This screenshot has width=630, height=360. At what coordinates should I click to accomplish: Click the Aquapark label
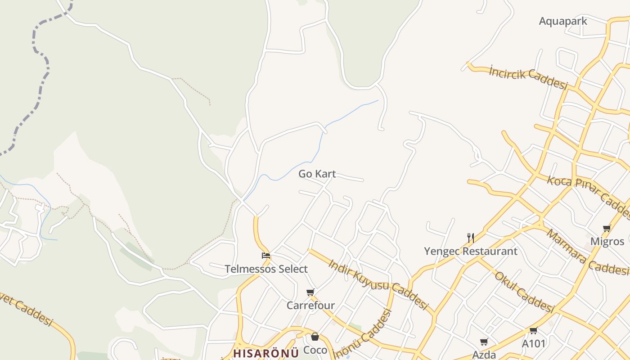click(x=563, y=21)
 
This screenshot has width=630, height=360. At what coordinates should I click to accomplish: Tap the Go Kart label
click(x=317, y=174)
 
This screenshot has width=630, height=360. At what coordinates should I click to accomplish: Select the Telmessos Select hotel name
click(x=266, y=269)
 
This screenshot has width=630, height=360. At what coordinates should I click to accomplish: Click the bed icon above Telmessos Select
click(x=266, y=256)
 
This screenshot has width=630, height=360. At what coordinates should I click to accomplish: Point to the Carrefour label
click(x=310, y=306)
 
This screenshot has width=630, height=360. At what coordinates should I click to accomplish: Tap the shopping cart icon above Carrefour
click(x=310, y=292)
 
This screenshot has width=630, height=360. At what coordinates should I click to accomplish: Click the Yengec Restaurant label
click(x=470, y=251)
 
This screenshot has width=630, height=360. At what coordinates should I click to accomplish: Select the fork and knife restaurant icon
click(x=470, y=238)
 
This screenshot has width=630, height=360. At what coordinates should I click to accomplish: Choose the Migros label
click(x=607, y=241)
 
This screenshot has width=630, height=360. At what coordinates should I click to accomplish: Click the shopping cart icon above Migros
click(x=607, y=228)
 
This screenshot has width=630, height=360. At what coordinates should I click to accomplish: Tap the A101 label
click(x=533, y=344)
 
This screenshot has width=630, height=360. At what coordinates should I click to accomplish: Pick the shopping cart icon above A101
click(x=533, y=331)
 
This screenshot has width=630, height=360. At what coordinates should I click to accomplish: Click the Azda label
click(x=484, y=355)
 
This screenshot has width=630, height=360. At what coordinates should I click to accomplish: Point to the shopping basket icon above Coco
click(x=315, y=337)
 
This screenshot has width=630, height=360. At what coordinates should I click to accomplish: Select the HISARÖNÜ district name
click(x=266, y=353)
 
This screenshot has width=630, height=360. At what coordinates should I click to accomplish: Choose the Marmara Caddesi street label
click(x=587, y=252)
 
